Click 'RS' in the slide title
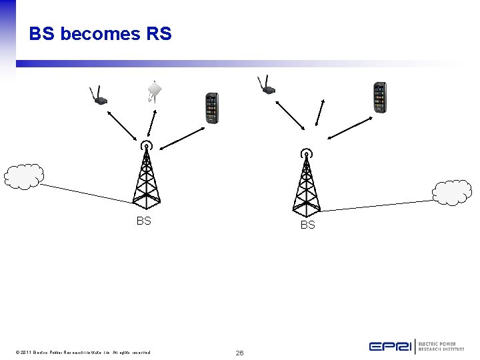pyautogui.click(x=157, y=34)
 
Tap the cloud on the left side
pyautogui.click(x=23, y=176)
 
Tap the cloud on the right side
pyautogui.click(x=452, y=192)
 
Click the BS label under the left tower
pyautogui.click(x=143, y=221)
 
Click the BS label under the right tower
pyautogui.click(x=307, y=225)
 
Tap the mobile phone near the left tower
pyautogui.click(x=211, y=108)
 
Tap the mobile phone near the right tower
pyautogui.click(x=379, y=97)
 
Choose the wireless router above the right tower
pyautogui.click(x=266, y=87)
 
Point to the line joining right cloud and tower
pyautogui.click(x=380, y=205)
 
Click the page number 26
pyautogui.click(x=239, y=352)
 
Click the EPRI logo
pyautogui.click(x=416, y=346)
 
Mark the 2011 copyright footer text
pyautogui.click(x=83, y=352)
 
